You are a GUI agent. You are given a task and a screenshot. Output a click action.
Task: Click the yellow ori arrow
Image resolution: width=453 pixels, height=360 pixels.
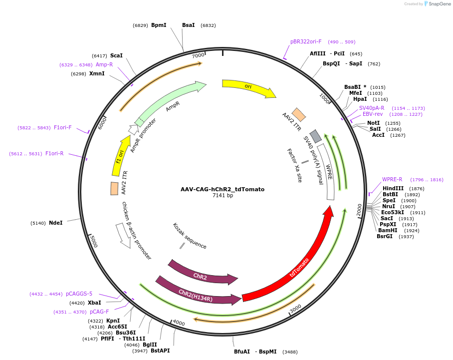point(248,87)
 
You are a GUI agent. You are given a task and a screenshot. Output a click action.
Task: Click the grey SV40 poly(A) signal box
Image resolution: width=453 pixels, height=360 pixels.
point(315,136)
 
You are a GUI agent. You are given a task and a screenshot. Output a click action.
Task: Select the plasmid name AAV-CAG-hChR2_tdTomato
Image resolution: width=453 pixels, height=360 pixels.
point(223,189)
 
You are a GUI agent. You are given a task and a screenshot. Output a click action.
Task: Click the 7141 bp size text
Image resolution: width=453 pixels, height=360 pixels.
point(223,195)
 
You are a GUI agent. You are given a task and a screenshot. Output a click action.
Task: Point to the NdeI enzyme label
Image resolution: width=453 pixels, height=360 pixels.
point(55,223)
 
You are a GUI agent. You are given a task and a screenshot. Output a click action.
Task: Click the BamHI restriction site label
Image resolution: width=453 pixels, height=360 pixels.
point(388,230)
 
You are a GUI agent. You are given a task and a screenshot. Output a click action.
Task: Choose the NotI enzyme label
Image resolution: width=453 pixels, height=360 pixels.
point(373,123)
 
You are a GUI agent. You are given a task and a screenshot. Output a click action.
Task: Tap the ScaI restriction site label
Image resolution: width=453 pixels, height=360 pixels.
point(116,55)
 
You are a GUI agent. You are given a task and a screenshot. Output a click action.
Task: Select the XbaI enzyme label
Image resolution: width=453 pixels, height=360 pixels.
point(94,303)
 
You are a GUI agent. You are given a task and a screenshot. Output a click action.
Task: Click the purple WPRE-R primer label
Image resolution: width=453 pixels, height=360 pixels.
point(392,179)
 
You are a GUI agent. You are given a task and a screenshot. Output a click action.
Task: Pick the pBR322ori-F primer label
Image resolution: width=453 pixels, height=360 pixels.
point(306,42)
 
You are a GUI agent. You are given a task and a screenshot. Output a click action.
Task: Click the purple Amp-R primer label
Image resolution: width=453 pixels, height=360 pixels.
point(104,64)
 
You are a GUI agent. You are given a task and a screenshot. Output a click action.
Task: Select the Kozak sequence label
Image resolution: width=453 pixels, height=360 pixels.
point(190,236)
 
